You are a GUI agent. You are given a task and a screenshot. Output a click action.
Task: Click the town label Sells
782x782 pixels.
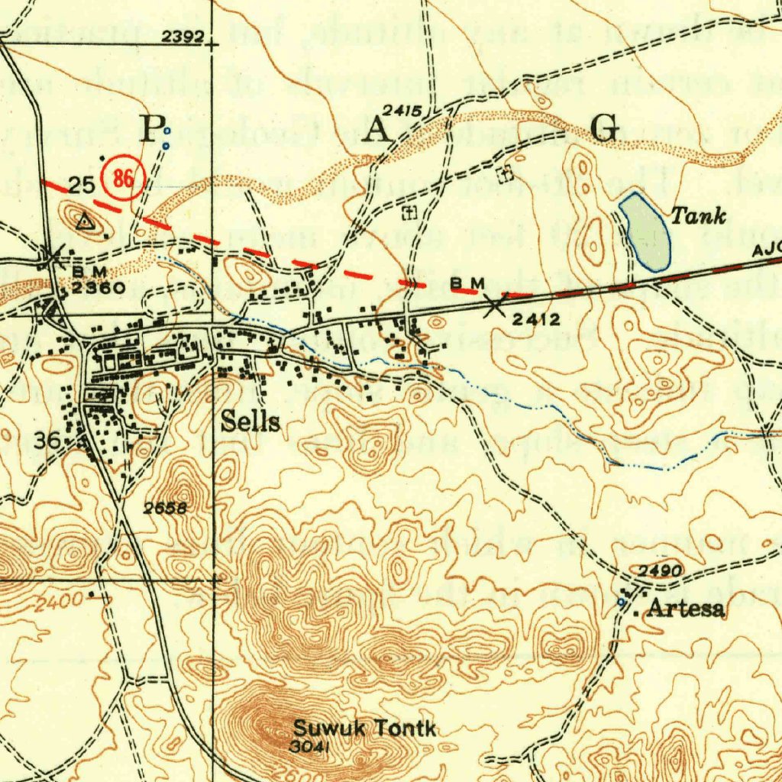[x=250, y=422]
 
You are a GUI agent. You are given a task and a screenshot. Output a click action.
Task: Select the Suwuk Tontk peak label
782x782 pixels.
[x=365, y=729]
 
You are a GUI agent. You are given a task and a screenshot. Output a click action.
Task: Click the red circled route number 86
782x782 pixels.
[x=123, y=179]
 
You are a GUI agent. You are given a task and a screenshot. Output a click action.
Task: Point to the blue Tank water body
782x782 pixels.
[x=646, y=232]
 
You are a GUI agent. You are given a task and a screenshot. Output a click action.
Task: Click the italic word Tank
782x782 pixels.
[x=698, y=216]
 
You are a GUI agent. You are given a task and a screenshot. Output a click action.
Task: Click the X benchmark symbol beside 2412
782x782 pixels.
[x=495, y=305]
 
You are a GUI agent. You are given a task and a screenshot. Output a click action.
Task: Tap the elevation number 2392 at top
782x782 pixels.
[x=183, y=36]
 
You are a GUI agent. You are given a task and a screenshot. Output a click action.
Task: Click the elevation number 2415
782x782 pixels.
[x=402, y=111]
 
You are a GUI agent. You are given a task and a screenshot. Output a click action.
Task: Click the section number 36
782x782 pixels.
[x=48, y=441]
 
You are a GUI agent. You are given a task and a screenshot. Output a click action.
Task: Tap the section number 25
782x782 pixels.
[x=82, y=184]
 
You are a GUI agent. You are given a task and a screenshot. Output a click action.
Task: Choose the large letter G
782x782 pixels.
[x=606, y=128]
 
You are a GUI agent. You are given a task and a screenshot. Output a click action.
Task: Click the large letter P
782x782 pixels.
[x=150, y=128]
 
